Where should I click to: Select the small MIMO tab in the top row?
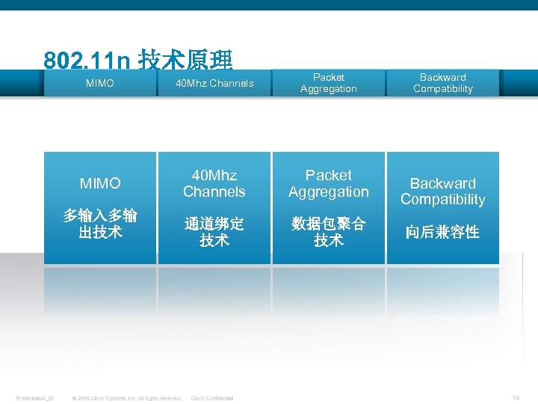point(100,83)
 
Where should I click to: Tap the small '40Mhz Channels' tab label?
point(214,83)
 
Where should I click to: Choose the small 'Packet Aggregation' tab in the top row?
point(329,83)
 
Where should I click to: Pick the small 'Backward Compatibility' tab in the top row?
point(443,83)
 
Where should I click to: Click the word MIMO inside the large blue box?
point(100,183)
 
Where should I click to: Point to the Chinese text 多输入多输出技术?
point(100,224)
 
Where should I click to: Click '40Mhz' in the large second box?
point(214,175)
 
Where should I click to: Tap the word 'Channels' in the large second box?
point(214,192)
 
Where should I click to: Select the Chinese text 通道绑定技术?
point(214,233)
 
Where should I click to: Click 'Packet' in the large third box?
point(329,175)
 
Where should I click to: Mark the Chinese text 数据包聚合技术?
point(329,233)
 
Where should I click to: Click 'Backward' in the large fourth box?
point(443,183)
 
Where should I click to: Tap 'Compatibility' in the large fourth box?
point(443,200)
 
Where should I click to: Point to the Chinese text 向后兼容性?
point(443,233)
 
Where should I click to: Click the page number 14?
point(516,397)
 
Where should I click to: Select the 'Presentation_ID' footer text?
point(35,398)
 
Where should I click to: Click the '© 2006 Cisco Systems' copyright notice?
point(126,398)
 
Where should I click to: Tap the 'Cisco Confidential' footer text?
point(212,398)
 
